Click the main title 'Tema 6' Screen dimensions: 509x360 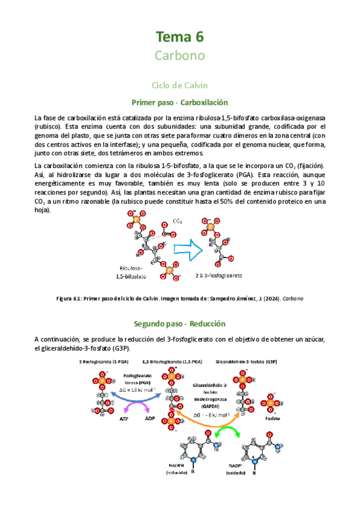180,37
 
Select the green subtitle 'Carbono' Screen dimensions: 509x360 180,56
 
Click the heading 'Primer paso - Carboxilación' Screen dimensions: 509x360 180,103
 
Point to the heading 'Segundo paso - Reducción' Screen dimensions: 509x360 180,324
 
